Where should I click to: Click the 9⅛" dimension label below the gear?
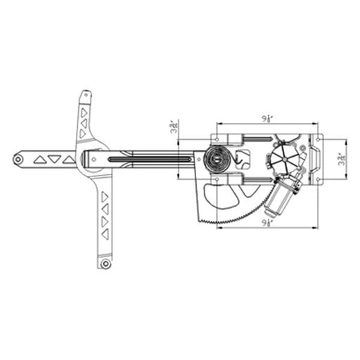tap(267, 223)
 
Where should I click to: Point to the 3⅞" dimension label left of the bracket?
tap(173, 129)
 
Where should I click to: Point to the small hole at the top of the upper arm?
tap(85, 94)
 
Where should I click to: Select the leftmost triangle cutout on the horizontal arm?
tap(40, 160)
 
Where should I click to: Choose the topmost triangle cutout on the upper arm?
tap(84, 110)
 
